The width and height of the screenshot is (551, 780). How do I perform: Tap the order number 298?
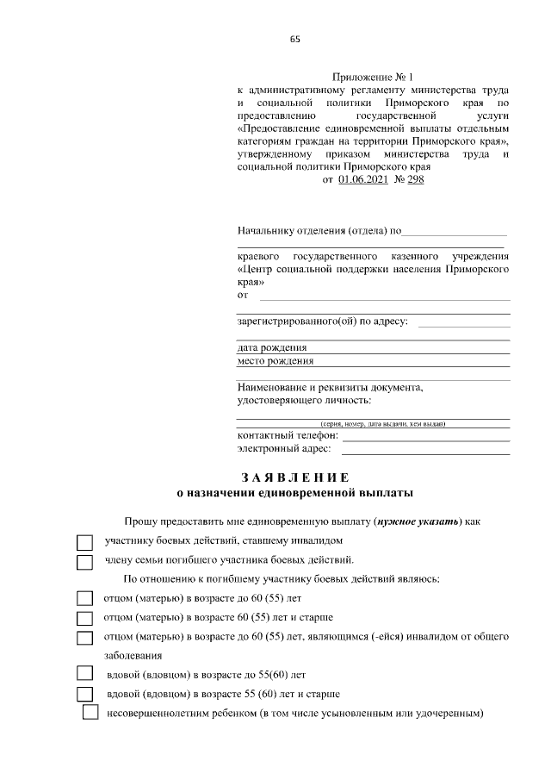415,179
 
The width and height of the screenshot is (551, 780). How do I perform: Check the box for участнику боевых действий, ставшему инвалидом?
84,543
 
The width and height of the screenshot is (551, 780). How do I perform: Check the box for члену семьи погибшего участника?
84,562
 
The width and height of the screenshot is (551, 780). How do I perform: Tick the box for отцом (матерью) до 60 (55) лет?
84,598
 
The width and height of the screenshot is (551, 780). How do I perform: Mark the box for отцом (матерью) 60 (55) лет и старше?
84,618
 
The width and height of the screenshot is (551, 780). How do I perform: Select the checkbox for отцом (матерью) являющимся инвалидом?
84,638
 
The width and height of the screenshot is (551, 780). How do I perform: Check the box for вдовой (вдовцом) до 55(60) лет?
84,674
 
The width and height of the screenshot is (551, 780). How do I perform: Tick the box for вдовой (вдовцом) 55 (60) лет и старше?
84,695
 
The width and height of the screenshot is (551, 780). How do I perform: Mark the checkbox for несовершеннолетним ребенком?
90,714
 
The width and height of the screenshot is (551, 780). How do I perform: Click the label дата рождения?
272,347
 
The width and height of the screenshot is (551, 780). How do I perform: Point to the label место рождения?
275,361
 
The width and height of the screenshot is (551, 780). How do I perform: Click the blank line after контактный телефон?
426,439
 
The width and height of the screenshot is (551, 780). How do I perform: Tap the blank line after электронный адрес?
426,452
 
